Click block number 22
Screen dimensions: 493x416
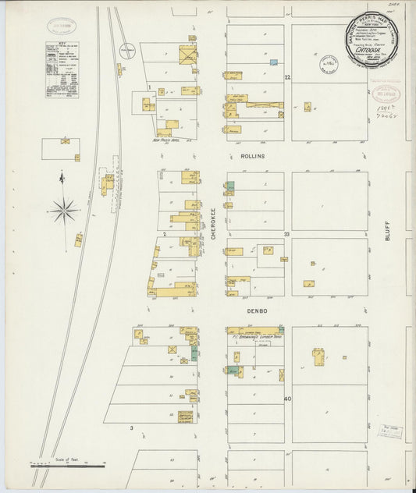[287, 77]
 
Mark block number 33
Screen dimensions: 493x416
[287, 234]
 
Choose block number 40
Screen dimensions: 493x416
[287, 399]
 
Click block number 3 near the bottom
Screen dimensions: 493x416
[132, 428]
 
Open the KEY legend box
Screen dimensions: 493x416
[62, 69]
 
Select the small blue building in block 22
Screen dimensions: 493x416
[273, 62]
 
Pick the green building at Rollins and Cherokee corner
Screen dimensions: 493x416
[230, 188]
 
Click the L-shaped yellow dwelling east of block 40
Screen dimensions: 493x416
[320, 358]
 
